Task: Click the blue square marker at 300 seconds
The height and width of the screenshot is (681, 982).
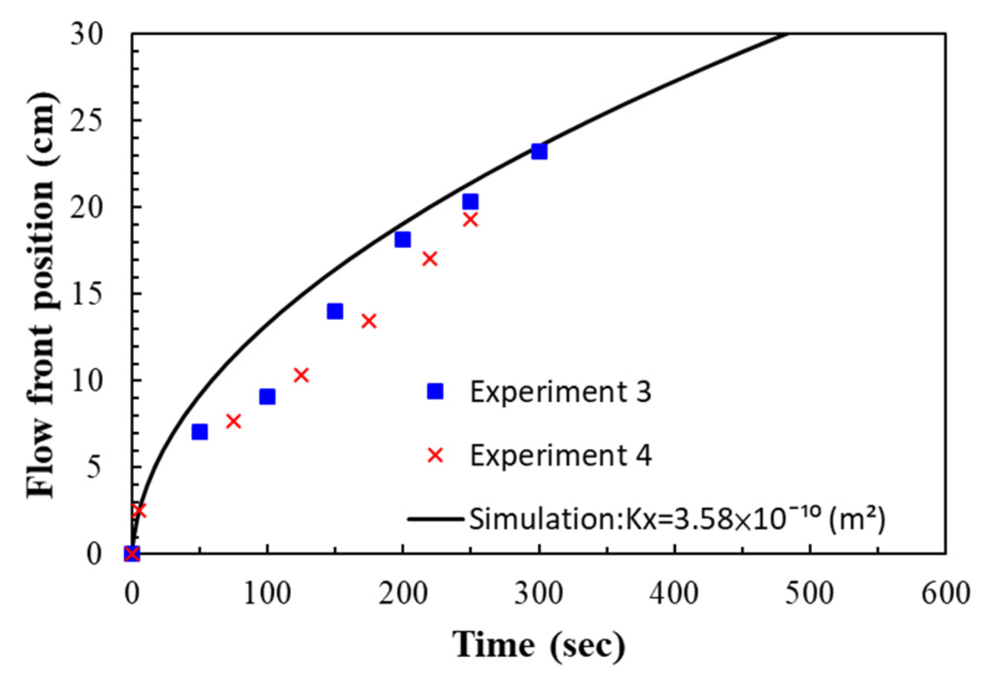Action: [x=539, y=151]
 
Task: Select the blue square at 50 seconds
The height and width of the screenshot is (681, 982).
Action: [x=199, y=432]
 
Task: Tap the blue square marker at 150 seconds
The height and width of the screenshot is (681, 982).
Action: [x=335, y=311]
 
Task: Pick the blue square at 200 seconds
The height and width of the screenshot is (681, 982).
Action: [x=403, y=239]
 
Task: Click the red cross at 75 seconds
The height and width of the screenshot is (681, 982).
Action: [x=233, y=422]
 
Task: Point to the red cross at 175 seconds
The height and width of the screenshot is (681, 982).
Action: [x=369, y=321]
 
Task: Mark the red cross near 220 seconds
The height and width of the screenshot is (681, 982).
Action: [x=430, y=259]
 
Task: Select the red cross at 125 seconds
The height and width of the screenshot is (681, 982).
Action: [x=301, y=375]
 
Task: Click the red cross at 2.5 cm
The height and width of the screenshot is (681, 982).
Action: [x=138, y=510]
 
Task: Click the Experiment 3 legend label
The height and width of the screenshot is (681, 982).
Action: [x=560, y=392]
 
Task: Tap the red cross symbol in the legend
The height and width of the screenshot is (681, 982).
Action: [x=435, y=455]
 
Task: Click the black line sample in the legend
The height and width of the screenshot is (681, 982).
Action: [x=435, y=518]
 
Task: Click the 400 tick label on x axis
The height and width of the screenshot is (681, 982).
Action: [x=675, y=594]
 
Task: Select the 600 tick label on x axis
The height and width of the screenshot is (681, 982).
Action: [x=945, y=594]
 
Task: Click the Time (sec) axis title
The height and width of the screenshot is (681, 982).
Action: [x=539, y=644]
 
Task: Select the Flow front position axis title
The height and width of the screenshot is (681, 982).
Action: [x=42, y=294]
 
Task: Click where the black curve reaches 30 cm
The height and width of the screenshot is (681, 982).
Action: [x=787, y=35]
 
